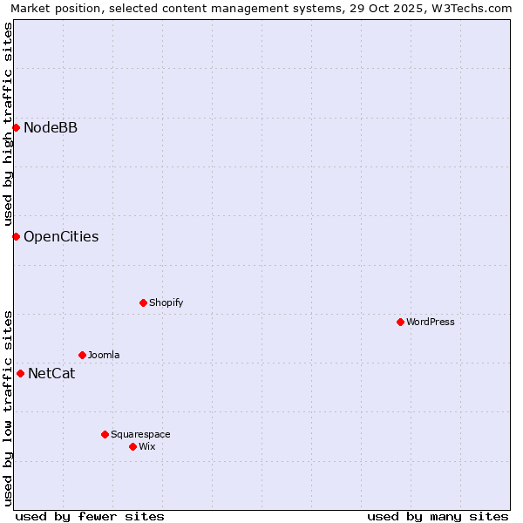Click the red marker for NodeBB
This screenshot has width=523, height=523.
point(16,128)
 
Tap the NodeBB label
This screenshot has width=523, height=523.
point(51,128)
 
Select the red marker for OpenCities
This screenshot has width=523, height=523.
point(16,236)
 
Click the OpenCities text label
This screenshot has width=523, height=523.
point(61,236)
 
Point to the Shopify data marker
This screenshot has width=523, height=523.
point(143,302)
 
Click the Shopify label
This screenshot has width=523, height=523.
point(166,302)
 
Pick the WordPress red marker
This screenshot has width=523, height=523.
point(400,322)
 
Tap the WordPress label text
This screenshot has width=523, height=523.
point(431,322)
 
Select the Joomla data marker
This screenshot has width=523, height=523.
point(82,355)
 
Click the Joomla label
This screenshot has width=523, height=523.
point(104,355)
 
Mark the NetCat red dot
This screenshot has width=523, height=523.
point(20,373)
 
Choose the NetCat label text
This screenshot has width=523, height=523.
point(51,374)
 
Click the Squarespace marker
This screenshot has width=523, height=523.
point(105,434)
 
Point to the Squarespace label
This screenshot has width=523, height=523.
point(140,434)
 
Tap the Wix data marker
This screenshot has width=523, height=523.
point(132,446)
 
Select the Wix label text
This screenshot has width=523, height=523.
point(147,446)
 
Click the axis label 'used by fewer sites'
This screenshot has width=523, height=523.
point(90,516)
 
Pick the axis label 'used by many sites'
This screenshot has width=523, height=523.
point(438,516)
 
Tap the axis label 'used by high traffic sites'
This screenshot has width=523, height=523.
point(8,125)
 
